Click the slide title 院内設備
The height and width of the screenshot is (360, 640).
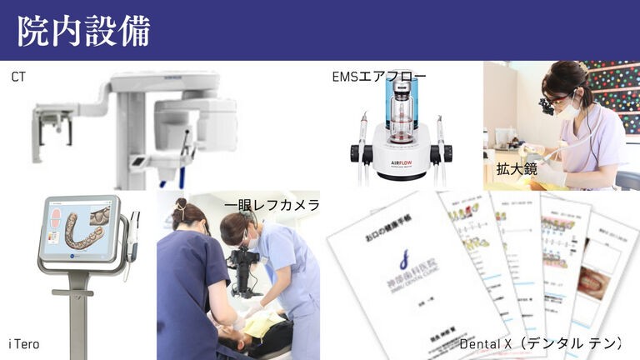pos(84,31)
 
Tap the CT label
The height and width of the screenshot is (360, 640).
pos(18,77)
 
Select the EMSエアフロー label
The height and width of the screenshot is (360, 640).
pos(379,77)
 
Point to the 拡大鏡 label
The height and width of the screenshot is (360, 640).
pos(517,169)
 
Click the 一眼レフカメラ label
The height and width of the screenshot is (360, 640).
pos(272,205)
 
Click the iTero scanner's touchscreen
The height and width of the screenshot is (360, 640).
pos(81,228)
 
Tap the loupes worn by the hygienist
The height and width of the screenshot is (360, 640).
pos(547,105)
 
